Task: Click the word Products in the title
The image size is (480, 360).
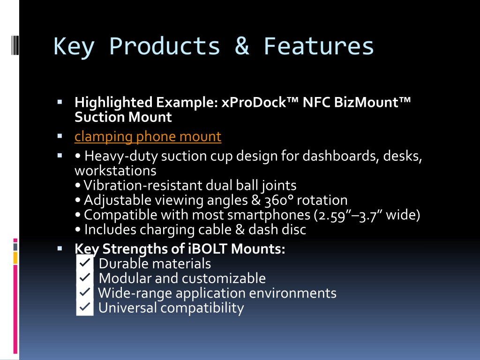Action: [x=165, y=46]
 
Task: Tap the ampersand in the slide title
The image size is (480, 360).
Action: [x=242, y=46]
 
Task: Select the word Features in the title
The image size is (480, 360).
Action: [x=319, y=46]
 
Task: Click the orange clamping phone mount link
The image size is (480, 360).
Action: [x=148, y=136]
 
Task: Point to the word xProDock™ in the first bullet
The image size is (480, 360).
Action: [x=260, y=102]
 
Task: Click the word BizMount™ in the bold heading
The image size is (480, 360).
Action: [x=372, y=102]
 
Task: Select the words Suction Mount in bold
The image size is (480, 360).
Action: [x=123, y=117]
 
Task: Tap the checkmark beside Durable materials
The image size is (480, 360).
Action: [x=85, y=262]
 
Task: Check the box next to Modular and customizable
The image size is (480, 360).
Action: [x=85, y=277]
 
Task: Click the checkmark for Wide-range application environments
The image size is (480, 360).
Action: [x=85, y=292]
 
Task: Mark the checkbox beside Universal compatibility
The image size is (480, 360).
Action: [x=85, y=307]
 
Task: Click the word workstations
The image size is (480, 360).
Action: [x=115, y=171]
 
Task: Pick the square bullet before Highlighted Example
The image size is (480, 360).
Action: [x=60, y=102]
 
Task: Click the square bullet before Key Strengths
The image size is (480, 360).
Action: [x=60, y=248]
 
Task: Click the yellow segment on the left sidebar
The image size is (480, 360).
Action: [x=15, y=258]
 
